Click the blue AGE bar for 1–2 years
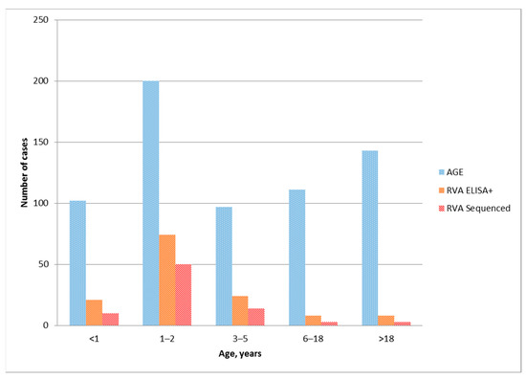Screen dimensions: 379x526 [151, 203]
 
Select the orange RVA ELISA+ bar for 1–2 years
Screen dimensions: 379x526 [166, 279]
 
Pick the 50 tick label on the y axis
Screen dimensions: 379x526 [41, 264]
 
